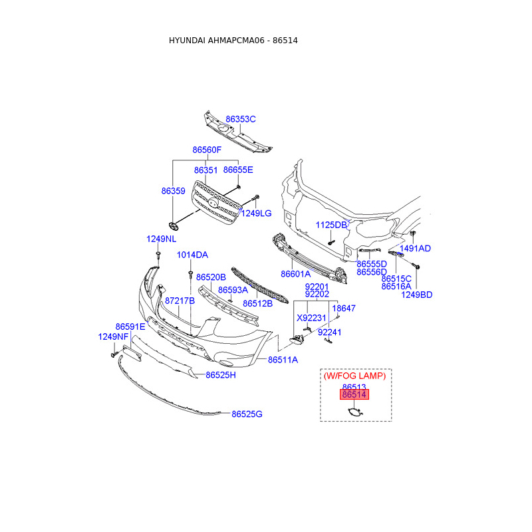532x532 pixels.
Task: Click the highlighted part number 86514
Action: [x=354, y=395]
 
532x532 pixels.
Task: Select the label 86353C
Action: [x=240, y=120]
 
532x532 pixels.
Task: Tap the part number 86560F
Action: [x=207, y=150]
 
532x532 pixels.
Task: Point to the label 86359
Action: [x=173, y=191]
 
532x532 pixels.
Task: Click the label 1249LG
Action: [x=256, y=213]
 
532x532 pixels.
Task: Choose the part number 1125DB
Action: [x=331, y=225]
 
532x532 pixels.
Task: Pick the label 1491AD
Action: [x=415, y=249]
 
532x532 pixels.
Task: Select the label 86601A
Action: [x=295, y=274]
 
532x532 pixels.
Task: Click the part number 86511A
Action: [x=283, y=360]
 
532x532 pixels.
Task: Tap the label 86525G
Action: [x=247, y=414]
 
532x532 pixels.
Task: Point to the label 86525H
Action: [x=221, y=375]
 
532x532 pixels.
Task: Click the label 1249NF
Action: [x=113, y=337]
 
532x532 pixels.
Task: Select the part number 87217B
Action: [x=180, y=301]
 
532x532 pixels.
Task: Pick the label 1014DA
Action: [x=192, y=255]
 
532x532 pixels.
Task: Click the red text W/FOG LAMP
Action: [x=354, y=376]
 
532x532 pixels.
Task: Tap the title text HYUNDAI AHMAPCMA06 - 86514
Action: [x=233, y=41]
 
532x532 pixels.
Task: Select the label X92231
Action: [x=312, y=318]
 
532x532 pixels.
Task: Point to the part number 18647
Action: [x=344, y=309]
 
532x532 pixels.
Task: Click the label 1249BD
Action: [x=416, y=295]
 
